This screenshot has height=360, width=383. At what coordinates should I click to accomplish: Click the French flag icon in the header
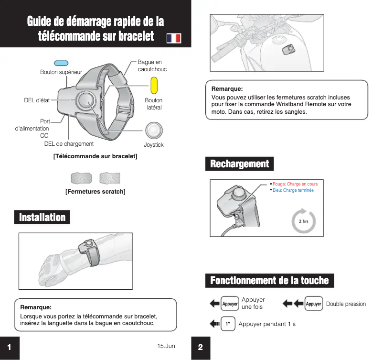pos(174,38)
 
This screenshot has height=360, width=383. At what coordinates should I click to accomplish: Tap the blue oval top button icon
pos(61,63)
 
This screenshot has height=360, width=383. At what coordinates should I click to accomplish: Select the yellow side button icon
pos(154,86)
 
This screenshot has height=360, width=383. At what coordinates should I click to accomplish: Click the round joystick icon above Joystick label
pos(153,131)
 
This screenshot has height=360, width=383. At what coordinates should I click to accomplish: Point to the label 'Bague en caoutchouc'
pos(152,66)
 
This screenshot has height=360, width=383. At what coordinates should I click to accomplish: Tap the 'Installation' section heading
pos(42,218)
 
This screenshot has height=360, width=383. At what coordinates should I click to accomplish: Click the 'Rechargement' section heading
pos(240,164)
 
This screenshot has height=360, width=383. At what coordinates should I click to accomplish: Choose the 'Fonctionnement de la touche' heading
pos(269,280)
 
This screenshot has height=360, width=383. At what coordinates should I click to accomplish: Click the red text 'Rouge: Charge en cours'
pos(295,184)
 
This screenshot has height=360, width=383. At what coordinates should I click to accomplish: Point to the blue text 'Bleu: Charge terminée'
pos(293,190)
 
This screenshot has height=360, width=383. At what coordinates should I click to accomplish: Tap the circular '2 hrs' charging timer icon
pos(303,220)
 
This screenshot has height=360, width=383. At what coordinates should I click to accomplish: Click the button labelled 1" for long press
pos(228,324)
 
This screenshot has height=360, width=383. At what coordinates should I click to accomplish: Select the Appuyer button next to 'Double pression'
pos(313,304)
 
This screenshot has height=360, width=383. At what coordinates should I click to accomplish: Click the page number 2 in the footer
pos(201,348)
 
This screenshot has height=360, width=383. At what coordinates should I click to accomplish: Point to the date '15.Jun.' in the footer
pos(167,345)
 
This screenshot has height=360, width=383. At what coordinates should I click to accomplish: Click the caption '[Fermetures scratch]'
pos(95,192)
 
